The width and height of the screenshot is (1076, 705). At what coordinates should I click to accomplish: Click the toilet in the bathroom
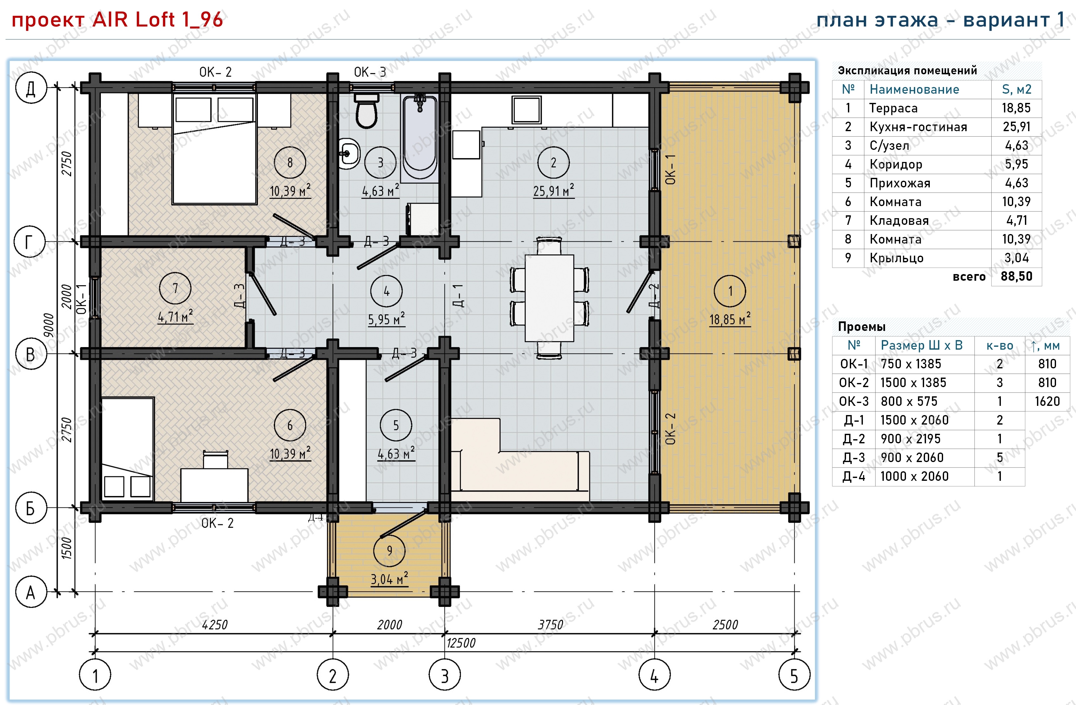366,111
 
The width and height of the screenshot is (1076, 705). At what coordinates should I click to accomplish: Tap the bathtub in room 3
420,138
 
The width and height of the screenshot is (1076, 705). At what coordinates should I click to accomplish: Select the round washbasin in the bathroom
349,154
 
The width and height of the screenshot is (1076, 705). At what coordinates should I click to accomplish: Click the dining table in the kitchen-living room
549,298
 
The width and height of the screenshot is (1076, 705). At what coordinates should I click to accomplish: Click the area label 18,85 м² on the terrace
730,319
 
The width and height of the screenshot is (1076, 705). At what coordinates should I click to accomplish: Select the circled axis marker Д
31,88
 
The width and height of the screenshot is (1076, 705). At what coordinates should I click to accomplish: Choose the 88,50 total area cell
1016,277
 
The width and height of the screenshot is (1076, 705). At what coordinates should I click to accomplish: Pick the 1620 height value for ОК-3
1047,401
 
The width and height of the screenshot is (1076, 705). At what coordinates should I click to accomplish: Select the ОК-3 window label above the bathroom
370,72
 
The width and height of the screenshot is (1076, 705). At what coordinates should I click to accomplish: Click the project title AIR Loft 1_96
157,19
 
